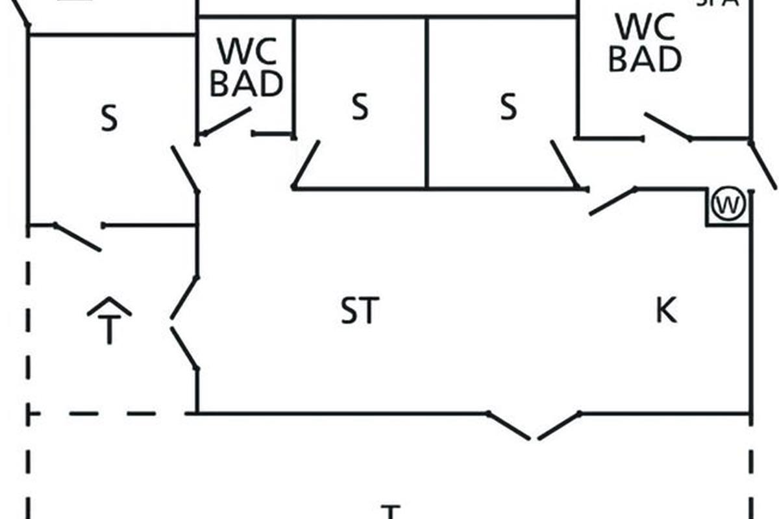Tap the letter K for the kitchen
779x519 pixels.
coord(666,311)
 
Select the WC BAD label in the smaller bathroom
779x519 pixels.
coord(247,67)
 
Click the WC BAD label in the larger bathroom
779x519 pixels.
coord(645,43)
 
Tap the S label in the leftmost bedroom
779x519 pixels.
coord(110,119)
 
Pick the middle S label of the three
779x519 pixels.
coord(360,106)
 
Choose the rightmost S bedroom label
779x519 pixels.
coord(509,106)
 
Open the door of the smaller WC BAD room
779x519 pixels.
coord(225,122)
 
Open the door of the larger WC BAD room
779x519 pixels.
coord(667,127)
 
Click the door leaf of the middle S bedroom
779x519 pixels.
coord(306,165)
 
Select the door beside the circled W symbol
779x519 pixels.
coord(612,201)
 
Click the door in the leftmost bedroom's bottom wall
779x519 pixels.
coord(78,237)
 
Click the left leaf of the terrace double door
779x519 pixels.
coord(510,426)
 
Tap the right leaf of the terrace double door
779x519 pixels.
coord(558,426)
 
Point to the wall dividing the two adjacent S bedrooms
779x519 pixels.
coord(427,104)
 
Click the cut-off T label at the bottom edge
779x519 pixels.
coord(389,513)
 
